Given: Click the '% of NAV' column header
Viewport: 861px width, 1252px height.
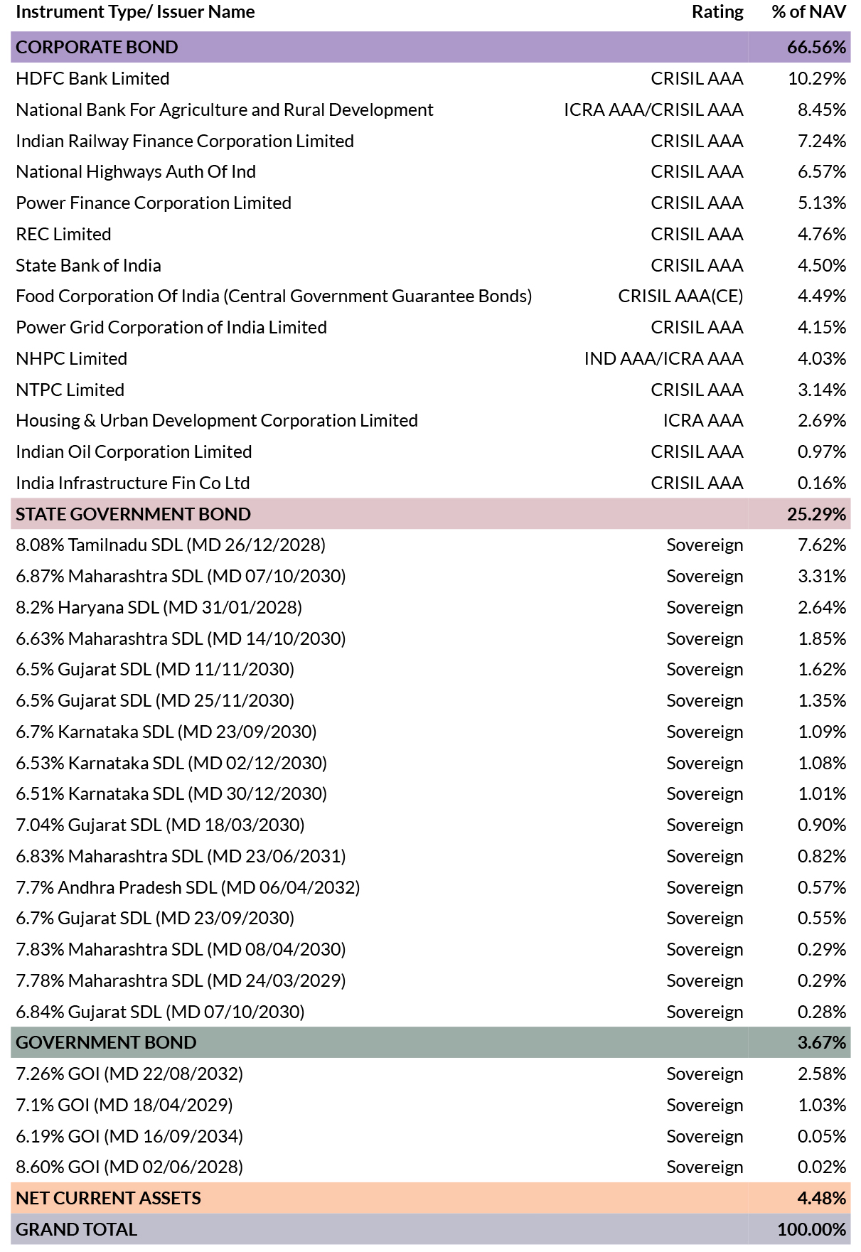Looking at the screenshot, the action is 808,12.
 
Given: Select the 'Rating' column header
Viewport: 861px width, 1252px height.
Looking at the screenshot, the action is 717,12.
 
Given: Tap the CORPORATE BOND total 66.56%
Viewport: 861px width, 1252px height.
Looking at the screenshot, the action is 816,47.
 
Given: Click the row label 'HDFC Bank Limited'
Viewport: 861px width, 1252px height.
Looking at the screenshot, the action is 92,78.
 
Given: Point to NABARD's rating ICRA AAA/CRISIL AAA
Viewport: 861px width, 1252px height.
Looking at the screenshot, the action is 653,109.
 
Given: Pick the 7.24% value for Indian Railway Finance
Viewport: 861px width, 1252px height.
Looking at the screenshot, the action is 822,141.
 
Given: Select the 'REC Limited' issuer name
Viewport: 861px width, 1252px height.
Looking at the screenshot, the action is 63,234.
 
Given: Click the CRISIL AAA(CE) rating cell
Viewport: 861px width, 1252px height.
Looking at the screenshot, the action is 680,296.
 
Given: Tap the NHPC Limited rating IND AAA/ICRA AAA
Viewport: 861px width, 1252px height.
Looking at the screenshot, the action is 663,358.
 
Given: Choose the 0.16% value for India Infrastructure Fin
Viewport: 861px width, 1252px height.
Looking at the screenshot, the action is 822,483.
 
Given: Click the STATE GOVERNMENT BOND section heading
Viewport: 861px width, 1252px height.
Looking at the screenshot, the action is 133,514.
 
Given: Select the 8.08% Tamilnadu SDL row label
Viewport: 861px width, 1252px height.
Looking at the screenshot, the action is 171,545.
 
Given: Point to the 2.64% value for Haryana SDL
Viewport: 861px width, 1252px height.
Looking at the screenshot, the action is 822,607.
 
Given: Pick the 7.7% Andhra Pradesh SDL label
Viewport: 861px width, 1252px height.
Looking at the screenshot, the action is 188,887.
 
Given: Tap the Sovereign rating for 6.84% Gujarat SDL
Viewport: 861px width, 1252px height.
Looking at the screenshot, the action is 705,1012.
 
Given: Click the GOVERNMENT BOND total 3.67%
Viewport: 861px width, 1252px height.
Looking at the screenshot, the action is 822,1042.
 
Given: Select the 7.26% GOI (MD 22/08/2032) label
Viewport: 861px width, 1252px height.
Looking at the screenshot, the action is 129,1074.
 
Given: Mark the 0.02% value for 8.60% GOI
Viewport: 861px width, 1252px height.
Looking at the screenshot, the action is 822,1167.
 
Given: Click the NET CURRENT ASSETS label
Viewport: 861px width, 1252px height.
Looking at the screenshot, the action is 108,1198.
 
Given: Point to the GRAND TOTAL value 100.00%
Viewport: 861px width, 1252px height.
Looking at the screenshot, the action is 811,1229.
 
